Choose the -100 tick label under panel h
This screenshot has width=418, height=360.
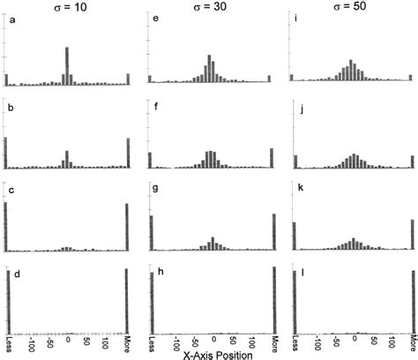(x=177, y=341)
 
